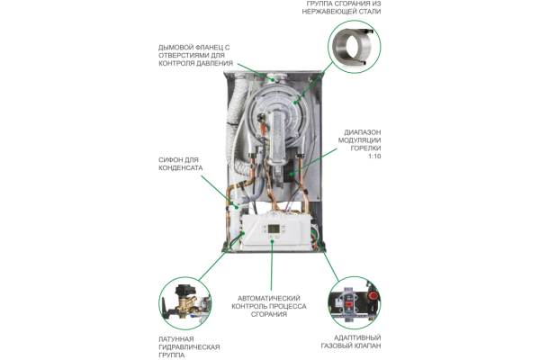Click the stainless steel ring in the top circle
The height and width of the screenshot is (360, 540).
coord(353,46)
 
